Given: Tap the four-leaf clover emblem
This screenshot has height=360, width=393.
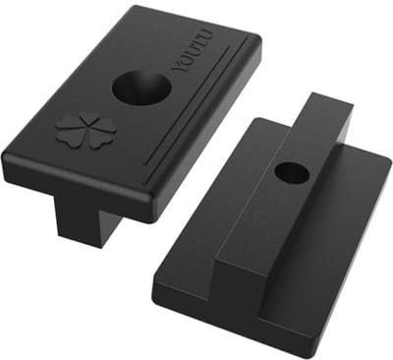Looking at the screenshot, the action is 85,131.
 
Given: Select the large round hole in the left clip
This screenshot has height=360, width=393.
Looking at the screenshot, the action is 141,87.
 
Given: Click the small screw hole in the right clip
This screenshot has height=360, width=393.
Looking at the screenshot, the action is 292,172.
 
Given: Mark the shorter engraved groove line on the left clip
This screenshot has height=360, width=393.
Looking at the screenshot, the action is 187,105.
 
